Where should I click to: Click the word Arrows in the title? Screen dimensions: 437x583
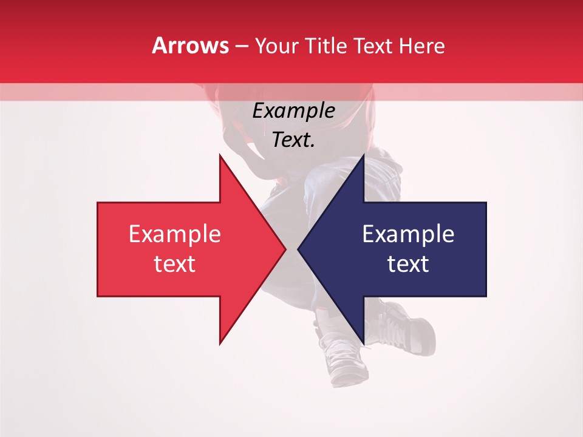click(191, 46)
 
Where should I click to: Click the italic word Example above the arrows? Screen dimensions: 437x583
click(293, 111)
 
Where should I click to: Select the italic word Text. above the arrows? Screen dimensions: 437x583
click(293, 140)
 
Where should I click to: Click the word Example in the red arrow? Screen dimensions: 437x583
click(175, 234)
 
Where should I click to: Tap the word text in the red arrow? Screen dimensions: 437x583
click(175, 264)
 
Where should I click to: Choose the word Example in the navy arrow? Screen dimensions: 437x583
click(408, 234)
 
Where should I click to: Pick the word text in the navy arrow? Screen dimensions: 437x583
click(408, 264)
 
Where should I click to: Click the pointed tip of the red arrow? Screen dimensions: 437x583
click(284, 249)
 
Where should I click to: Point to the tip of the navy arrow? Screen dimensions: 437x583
click(299, 249)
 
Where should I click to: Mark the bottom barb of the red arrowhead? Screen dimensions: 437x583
click(221, 342)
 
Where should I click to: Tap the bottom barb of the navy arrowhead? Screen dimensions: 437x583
click(363, 342)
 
